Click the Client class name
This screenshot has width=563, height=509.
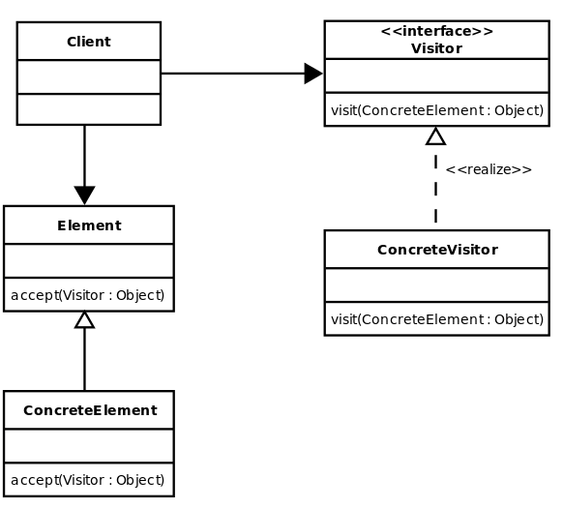point(89,42)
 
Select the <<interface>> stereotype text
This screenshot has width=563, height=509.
point(437,31)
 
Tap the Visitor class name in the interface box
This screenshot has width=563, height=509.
point(436,48)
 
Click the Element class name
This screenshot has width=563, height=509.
point(89,225)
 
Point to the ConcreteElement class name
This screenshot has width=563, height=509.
point(90,410)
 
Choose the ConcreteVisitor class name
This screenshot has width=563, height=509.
point(437,250)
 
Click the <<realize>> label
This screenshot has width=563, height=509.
point(489,169)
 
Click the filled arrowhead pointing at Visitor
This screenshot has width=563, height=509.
point(313,74)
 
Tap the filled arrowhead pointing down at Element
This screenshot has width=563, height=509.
point(85,195)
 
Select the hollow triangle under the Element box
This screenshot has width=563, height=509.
point(85,319)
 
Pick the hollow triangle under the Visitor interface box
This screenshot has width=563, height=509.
point(435,135)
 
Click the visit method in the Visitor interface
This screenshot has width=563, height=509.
point(437,110)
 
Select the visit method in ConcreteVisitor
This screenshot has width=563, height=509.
point(437,319)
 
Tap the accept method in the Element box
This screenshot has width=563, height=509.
point(88,295)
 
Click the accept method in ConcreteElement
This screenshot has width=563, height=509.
point(88,480)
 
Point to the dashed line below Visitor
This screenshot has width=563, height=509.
point(435,188)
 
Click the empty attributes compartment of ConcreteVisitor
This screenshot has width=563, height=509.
point(437,285)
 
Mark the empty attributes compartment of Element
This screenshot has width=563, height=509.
point(89,260)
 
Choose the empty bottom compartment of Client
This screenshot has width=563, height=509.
point(89,109)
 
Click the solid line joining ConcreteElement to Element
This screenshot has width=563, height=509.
point(85,359)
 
